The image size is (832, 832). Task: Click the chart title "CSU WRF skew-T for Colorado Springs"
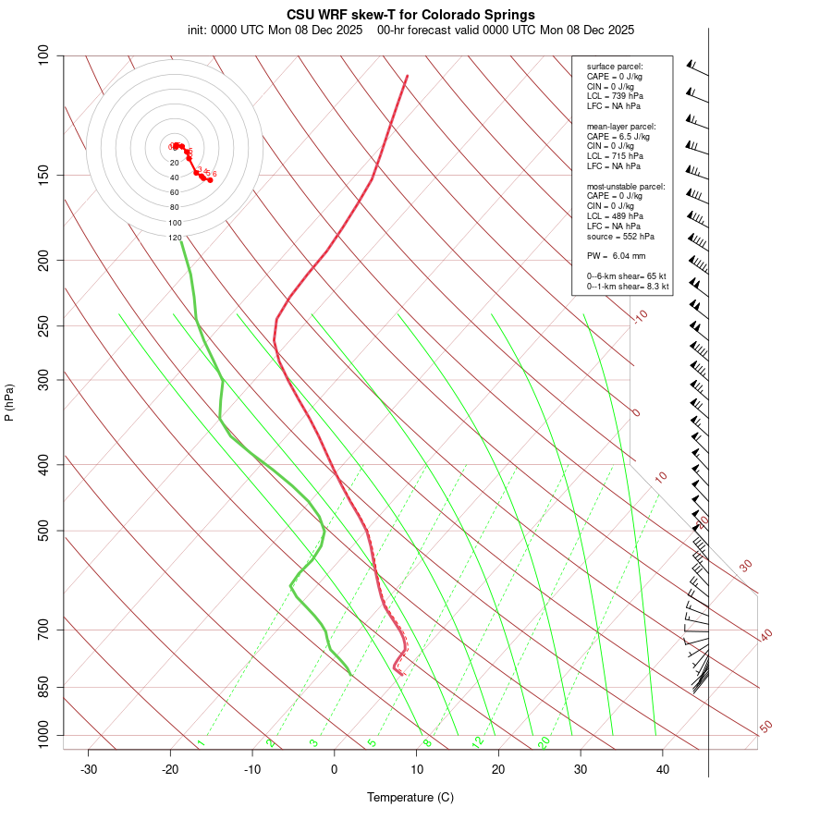[x=410, y=15]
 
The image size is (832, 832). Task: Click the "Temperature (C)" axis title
[x=410, y=797]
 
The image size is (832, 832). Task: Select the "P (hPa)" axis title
[x=9, y=402]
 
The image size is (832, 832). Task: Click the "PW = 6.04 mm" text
[x=616, y=255]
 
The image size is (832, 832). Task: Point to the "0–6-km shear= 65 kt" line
[x=627, y=276]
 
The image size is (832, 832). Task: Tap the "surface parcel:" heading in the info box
[x=615, y=67]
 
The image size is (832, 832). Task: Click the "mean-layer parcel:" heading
[x=621, y=126]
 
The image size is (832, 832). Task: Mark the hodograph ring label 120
[x=175, y=238]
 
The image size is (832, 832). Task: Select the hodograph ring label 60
[x=175, y=192]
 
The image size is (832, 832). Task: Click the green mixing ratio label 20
[x=544, y=741]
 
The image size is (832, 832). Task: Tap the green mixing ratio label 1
[x=201, y=743]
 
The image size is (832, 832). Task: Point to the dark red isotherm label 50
[x=765, y=727]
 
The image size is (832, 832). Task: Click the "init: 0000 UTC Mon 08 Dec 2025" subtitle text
[x=277, y=30]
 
